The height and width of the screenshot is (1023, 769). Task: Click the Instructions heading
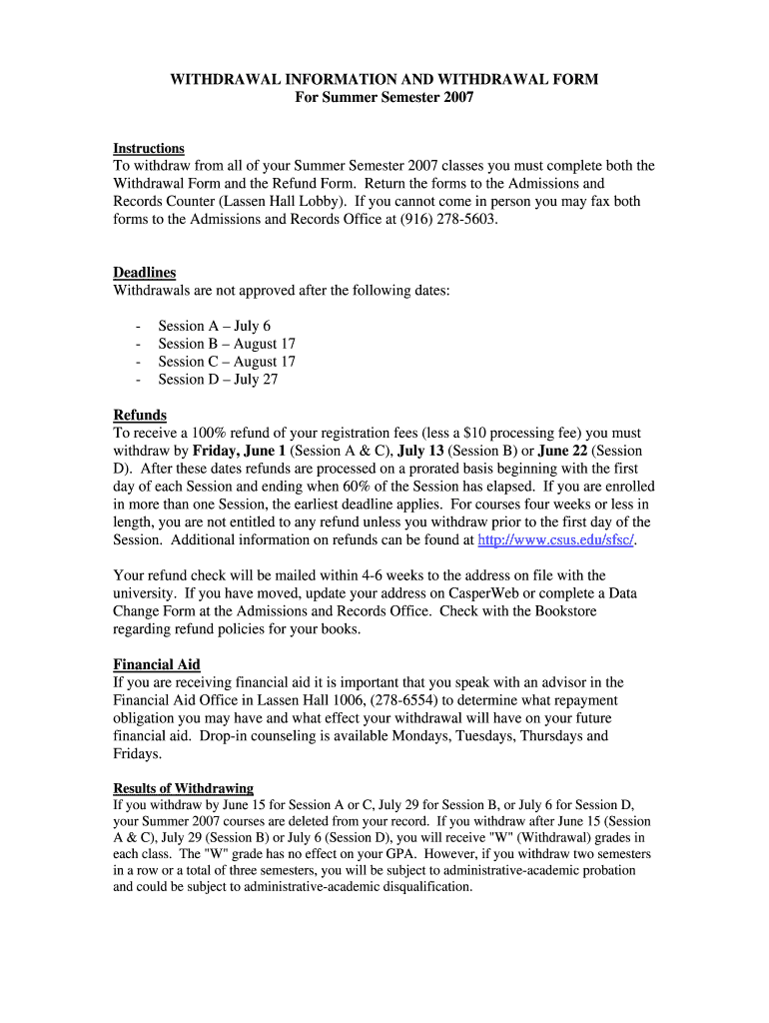click(x=149, y=148)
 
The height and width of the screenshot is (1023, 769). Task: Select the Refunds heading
click(x=140, y=415)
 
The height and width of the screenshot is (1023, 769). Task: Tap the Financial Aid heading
click(x=157, y=664)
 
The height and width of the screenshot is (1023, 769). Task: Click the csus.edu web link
click(x=556, y=540)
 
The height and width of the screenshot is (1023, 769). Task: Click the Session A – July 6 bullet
click(x=214, y=326)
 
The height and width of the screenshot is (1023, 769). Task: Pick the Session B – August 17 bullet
click(x=227, y=344)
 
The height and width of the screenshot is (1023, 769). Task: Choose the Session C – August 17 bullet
click(x=227, y=362)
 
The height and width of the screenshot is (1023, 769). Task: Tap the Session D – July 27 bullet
click(x=218, y=380)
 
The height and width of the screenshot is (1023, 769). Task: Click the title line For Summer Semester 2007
click(x=384, y=97)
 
